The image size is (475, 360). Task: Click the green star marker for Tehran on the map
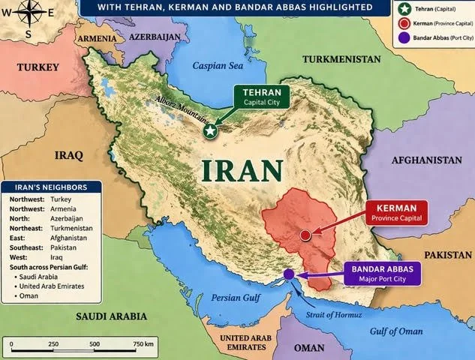pyautogui.click(x=211, y=131)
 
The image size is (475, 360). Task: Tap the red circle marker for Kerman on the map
pyautogui.click(x=305, y=235)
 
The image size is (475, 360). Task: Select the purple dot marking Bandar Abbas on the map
pyautogui.click(x=289, y=274)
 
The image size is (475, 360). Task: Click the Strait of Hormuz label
pyautogui.click(x=331, y=314)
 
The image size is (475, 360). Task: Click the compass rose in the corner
pyautogui.click(x=31, y=17)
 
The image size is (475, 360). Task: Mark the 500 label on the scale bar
pyautogui.click(x=95, y=343)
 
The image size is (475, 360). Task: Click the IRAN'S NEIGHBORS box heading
pyautogui.click(x=49, y=187)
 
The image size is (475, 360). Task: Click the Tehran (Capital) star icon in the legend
pyautogui.click(x=406, y=8)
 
